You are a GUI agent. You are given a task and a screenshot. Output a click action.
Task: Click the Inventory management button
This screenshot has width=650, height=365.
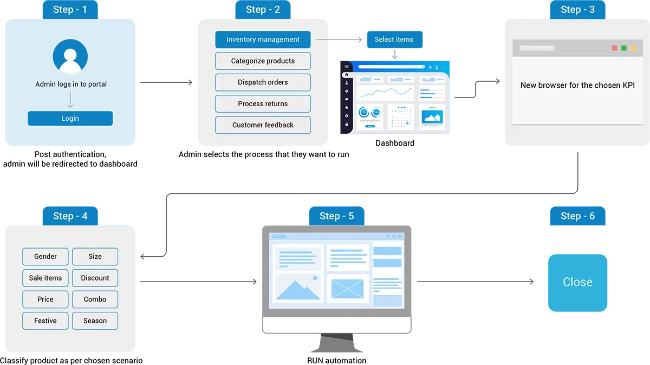[x=263, y=40]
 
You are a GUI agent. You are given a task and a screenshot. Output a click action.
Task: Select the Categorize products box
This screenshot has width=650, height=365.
[x=263, y=61]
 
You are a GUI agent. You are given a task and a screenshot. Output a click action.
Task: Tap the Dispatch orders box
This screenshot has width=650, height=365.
[x=263, y=82]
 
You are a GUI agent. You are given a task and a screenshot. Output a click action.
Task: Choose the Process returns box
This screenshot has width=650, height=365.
[x=263, y=103]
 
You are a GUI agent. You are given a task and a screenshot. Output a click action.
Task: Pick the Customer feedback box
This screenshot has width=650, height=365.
[x=263, y=125]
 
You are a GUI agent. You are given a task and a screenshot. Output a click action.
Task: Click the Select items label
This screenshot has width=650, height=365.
[x=394, y=40]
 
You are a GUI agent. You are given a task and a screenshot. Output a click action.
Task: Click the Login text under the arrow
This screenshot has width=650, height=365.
[x=70, y=118]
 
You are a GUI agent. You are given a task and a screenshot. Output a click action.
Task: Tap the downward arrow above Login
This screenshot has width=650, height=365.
[x=70, y=100]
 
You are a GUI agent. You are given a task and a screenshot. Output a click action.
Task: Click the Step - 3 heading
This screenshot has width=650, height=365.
[x=577, y=10]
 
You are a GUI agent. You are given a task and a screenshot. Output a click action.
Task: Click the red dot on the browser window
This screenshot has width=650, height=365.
[x=614, y=48]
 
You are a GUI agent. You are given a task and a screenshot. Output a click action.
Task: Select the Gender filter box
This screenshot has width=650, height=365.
[x=45, y=257]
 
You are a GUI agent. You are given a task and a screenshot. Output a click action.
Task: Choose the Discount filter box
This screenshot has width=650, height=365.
[x=95, y=278]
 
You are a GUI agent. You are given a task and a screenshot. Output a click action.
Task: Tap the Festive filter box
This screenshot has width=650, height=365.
[x=45, y=321]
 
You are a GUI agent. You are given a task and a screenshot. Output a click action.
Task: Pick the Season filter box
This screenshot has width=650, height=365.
[x=95, y=321]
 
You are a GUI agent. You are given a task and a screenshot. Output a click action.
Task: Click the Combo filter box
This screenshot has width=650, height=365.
[x=95, y=299]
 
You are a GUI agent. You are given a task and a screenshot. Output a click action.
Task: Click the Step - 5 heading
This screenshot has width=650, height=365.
[x=336, y=216]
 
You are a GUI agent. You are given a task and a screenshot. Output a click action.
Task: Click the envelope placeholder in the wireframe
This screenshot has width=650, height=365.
[x=347, y=288]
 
